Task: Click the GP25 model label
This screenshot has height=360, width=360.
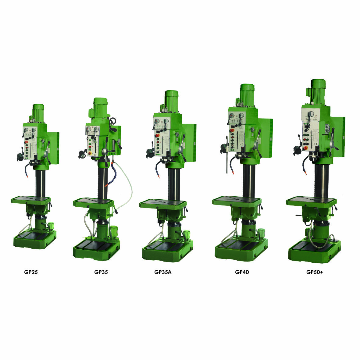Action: click(31, 272)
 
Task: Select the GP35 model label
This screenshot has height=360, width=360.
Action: click(101, 272)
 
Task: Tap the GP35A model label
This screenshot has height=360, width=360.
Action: click(163, 272)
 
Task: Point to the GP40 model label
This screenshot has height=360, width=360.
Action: click(242, 272)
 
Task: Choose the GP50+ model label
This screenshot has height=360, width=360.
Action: click(315, 272)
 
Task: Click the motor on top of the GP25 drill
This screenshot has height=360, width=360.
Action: click(38, 112)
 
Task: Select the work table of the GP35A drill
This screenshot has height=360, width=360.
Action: click(163, 204)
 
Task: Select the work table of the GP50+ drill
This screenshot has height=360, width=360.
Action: click(311, 201)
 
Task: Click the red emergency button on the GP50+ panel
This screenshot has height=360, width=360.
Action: click(305, 148)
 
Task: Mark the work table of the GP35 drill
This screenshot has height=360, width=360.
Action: click(93, 202)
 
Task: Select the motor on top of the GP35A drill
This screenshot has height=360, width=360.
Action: click(171, 99)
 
